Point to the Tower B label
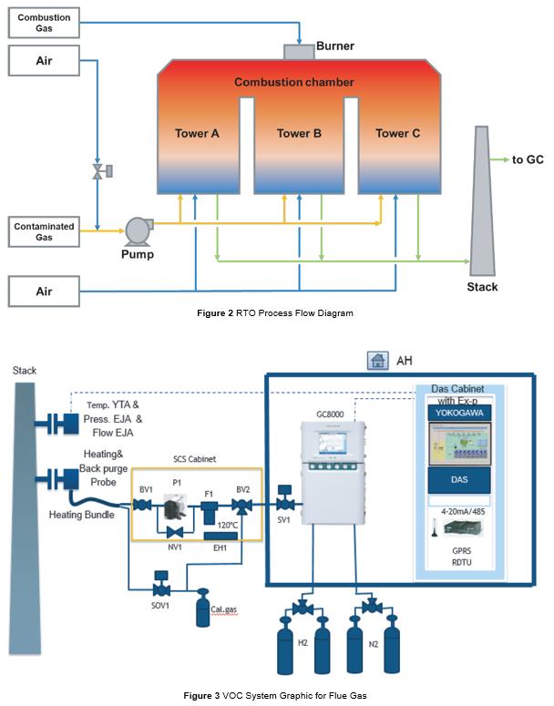pyautogui.click(x=300, y=134)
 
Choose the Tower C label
pyautogui.click(x=398, y=134)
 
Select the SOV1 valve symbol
pyautogui.click(x=161, y=580)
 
